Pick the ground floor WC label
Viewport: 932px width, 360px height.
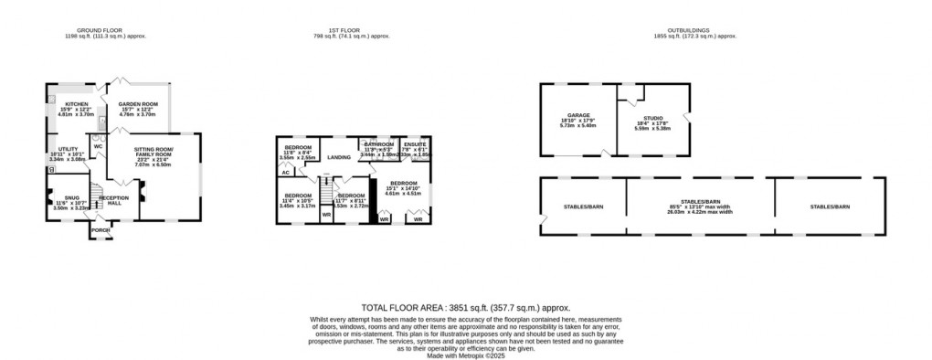[x=97, y=146]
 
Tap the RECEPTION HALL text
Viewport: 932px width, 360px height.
[x=114, y=199]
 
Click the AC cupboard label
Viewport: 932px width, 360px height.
[x=285, y=172]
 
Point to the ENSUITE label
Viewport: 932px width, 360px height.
[x=416, y=144]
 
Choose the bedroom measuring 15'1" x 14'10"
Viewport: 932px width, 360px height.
[x=401, y=183]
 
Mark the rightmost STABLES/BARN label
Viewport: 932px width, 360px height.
[x=830, y=207]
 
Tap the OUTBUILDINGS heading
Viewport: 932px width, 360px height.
[x=694, y=31]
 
